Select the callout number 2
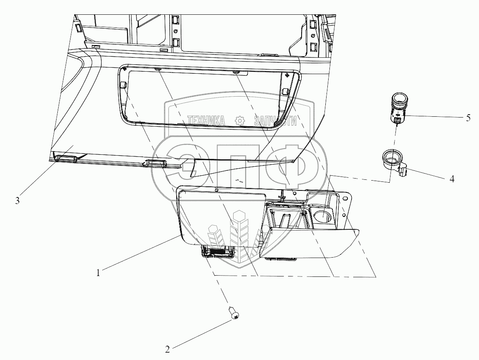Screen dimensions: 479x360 (167, 349)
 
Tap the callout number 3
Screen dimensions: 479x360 (17, 201)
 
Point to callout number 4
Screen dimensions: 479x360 (452, 179)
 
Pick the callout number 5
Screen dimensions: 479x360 (468, 118)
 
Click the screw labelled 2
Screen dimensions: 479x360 (234, 314)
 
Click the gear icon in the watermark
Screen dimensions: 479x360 (239, 121)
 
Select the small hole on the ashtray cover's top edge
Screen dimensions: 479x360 (216, 189)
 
